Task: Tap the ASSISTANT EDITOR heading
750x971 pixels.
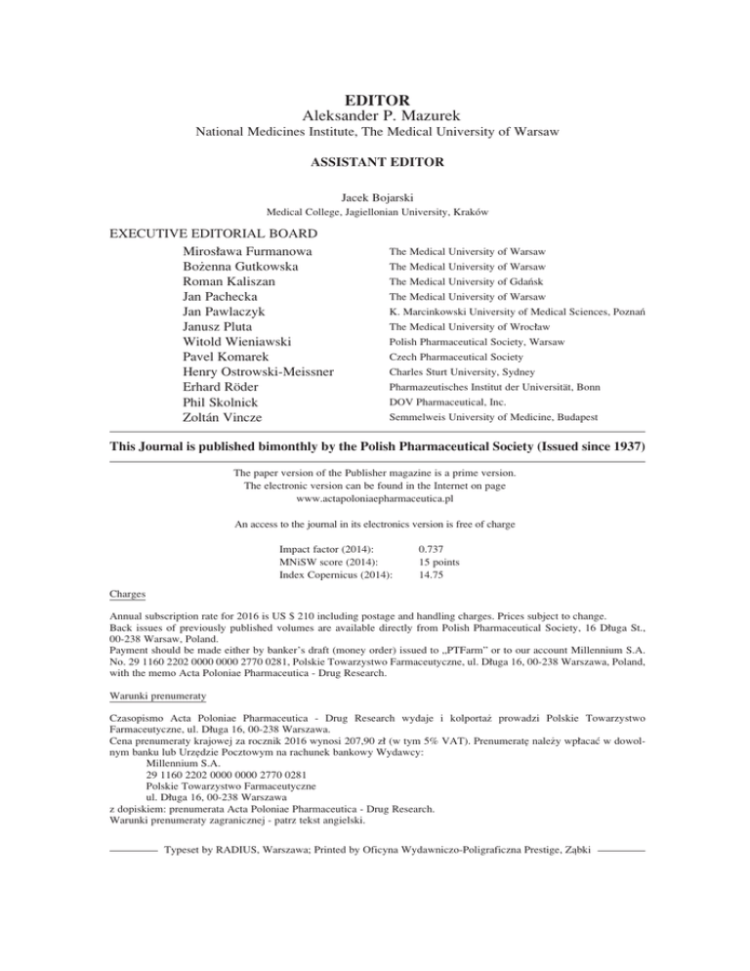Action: [x=375, y=162]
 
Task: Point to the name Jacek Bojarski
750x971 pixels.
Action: [x=375, y=196]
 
